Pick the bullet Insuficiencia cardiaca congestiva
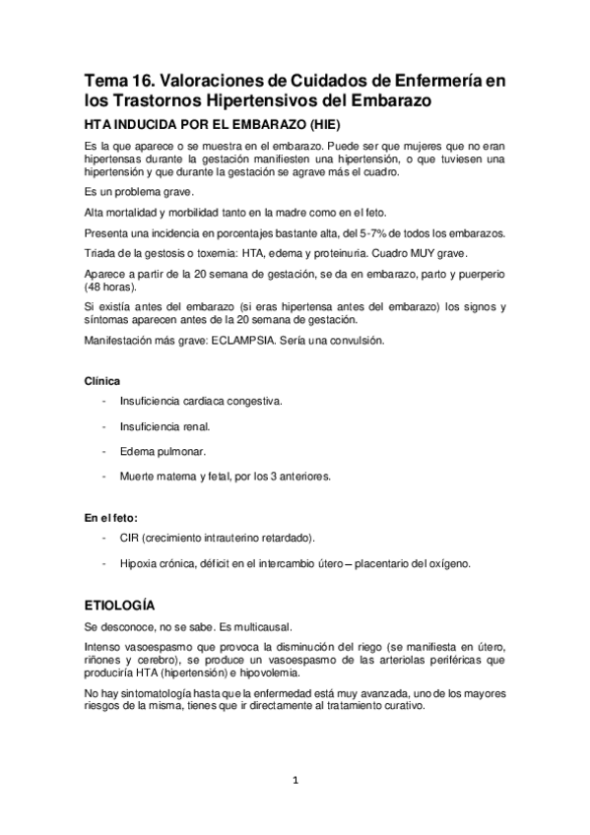[x=200, y=402]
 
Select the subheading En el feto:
[x=111, y=517]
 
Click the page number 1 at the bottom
[x=295, y=782]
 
